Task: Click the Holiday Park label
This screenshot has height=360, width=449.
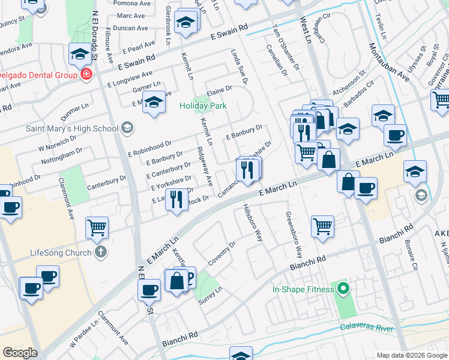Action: (x=203, y=106)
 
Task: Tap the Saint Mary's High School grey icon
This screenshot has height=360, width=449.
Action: (x=127, y=128)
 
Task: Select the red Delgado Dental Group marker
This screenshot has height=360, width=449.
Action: (x=86, y=75)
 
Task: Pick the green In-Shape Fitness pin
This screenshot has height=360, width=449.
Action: (x=343, y=290)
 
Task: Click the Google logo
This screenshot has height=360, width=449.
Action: (x=20, y=353)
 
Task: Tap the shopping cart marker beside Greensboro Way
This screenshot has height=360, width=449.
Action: (x=322, y=227)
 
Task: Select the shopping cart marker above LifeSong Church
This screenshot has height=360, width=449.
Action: (x=97, y=227)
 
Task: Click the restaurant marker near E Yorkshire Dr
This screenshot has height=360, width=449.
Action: (x=176, y=199)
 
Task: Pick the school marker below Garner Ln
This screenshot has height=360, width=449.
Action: (x=154, y=103)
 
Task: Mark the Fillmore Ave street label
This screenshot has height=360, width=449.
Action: (x=109, y=46)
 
